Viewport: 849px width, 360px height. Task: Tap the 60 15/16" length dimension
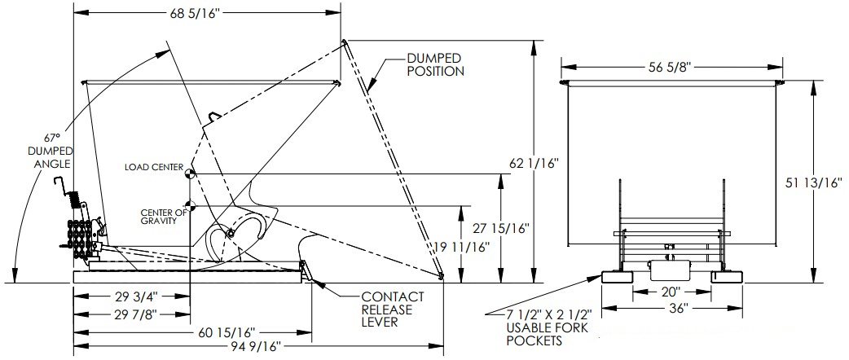click(226, 332)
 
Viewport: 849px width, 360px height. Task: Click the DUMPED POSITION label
click(436, 64)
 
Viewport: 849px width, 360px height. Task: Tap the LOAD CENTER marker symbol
click(188, 172)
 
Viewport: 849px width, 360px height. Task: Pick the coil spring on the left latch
click(73, 198)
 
